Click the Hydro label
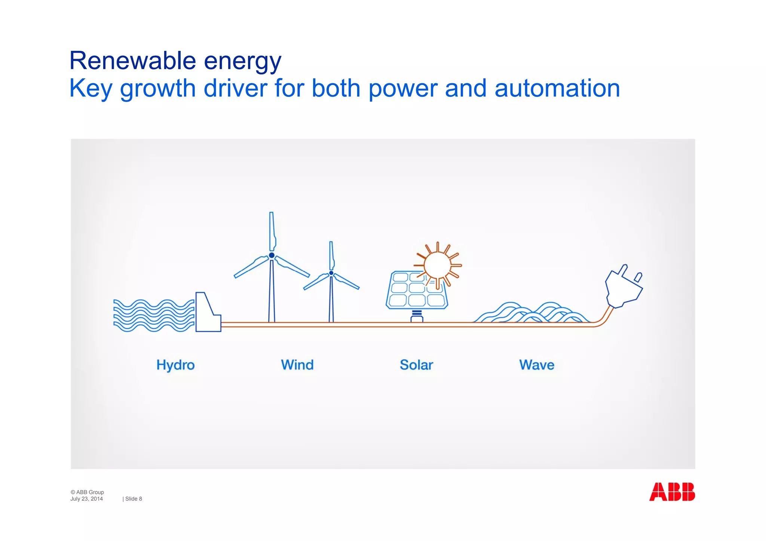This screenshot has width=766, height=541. point(175,365)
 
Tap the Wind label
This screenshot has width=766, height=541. point(297,365)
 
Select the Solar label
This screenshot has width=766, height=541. point(416,365)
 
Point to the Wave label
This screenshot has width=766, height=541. point(537,365)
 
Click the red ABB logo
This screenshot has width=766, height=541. point(672,492)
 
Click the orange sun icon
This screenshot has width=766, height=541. point(438,265)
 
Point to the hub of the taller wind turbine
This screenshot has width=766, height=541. point(272,255)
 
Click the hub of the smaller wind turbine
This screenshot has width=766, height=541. point(331,273)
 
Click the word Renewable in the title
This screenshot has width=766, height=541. point(132,61)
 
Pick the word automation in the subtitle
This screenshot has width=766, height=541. point(557,89)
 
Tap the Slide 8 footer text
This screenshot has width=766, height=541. point(133,499)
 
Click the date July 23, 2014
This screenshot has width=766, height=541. point(86,499)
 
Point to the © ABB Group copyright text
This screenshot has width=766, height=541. point(87,492)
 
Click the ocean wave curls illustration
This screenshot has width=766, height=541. point(531,313)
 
